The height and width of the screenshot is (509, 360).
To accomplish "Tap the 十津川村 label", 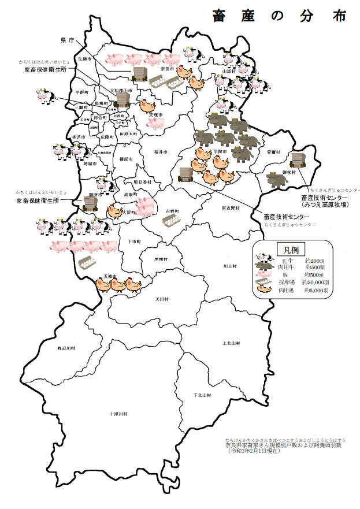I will click(119, 414).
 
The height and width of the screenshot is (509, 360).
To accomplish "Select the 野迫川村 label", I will click(66, 348).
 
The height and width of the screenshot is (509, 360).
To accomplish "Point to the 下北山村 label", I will click(202, 395).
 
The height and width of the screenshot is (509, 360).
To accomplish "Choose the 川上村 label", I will click(230, 266).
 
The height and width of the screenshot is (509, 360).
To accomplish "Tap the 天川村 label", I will click(161, 300).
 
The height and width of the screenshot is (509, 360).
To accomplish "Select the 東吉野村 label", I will click(230, 207).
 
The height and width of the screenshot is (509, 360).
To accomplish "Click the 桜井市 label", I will click(161, 152).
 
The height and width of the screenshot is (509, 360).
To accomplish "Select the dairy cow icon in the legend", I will click(265, 258).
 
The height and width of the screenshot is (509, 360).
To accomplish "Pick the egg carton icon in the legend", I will click(264, 283).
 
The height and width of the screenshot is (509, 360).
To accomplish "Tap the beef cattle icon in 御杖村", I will click(276, 180).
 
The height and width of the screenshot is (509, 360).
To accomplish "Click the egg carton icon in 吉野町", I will click(169, 220).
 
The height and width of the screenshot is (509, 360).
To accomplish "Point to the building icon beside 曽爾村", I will click(298, 160).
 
